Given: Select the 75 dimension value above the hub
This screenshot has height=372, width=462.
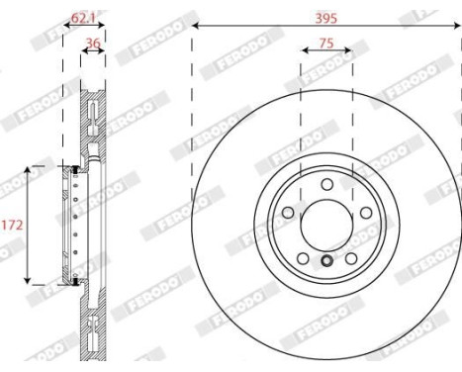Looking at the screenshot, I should coord(325,43).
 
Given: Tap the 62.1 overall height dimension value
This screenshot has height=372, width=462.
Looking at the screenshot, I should coord(84,17).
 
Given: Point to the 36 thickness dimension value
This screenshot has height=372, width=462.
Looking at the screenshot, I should coord(93,43).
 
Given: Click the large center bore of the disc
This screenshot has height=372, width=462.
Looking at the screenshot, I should coord(326,224).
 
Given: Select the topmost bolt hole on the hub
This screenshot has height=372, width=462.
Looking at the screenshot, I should coord(326,185).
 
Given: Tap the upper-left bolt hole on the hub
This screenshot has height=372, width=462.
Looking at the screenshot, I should coord(288,213).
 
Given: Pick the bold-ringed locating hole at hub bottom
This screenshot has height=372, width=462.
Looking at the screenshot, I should coord(326,262).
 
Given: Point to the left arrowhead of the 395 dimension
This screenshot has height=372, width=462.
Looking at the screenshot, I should coord(195,24).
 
